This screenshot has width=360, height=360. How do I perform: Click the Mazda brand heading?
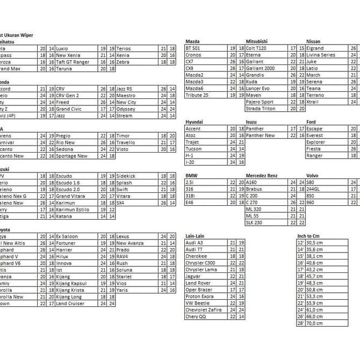pyautogui.click(x=192, y=41)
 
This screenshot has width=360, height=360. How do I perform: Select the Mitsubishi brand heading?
pyautogui.click(x=257, y=41)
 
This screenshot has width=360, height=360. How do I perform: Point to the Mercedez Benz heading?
pyautogui.click(x=262, y=176)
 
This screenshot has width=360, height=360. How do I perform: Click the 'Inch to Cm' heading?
pyautogui.click(x=309, y=236)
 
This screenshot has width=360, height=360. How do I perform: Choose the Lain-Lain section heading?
pyautogui.click(x=195, y=236)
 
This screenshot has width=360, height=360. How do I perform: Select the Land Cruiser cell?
pyautogui.click(x=70, y=303)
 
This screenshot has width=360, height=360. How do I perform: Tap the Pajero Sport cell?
pyautogui.click(x=260, y=102)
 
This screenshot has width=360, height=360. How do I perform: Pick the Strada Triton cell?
pyautogui.click(x=261, y=109)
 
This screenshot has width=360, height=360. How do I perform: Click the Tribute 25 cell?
pyautogui.click(x=197, y=95)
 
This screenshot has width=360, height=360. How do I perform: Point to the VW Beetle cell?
pyautogui.click(x=197, y=303)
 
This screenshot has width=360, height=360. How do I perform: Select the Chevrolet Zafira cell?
pyautogui.click(x=203, y=310)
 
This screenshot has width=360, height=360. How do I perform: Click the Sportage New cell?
pyautogui.click(x=71, y=156)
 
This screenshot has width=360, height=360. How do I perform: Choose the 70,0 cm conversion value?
pyautogui.click(x=314, y=323)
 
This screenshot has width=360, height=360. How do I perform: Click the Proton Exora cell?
pyautogui.click(x=199, y=297)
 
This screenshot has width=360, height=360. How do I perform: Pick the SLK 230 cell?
pyautogui.click(x=254, y=222)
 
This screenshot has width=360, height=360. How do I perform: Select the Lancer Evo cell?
pyautogui.click(x=258, y=88)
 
